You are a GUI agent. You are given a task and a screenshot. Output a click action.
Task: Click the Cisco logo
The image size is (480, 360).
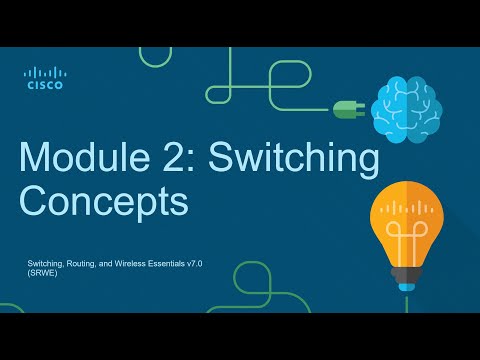click(x=45, y=78)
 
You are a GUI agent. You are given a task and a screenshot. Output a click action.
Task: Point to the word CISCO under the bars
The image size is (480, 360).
click(x=45, y=86)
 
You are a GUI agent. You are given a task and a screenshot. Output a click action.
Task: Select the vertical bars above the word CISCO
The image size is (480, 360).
click(x=45, y=72)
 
